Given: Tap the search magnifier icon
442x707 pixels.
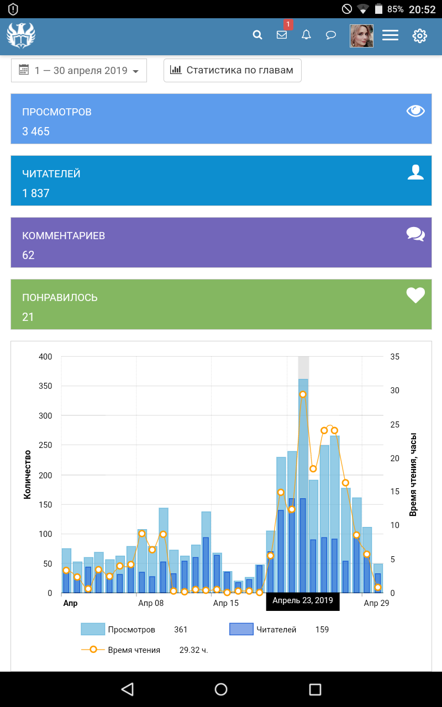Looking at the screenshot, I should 257,35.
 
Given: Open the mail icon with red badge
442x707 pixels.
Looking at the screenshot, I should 282,35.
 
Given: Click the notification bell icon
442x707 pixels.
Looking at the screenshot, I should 306,35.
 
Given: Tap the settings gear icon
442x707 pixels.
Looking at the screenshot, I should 420,36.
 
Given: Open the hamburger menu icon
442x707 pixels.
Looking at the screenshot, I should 390,35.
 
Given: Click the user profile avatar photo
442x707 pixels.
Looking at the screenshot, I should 361,35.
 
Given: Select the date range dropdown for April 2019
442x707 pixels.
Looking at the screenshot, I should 79,71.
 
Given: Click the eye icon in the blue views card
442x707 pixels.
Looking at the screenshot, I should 415,111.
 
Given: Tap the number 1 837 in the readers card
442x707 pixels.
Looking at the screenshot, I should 36,193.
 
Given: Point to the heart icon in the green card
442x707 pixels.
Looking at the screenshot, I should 415,296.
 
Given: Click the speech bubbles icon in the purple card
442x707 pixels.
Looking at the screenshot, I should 415,234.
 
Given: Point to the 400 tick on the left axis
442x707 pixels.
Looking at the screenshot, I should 45,357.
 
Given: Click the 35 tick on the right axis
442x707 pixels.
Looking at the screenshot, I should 394,357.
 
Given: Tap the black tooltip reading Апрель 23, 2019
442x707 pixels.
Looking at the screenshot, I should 303,601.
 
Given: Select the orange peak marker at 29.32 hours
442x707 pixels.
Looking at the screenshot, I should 303,394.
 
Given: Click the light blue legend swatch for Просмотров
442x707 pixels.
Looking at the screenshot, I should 93,629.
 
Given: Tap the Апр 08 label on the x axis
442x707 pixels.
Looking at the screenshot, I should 151,603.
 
